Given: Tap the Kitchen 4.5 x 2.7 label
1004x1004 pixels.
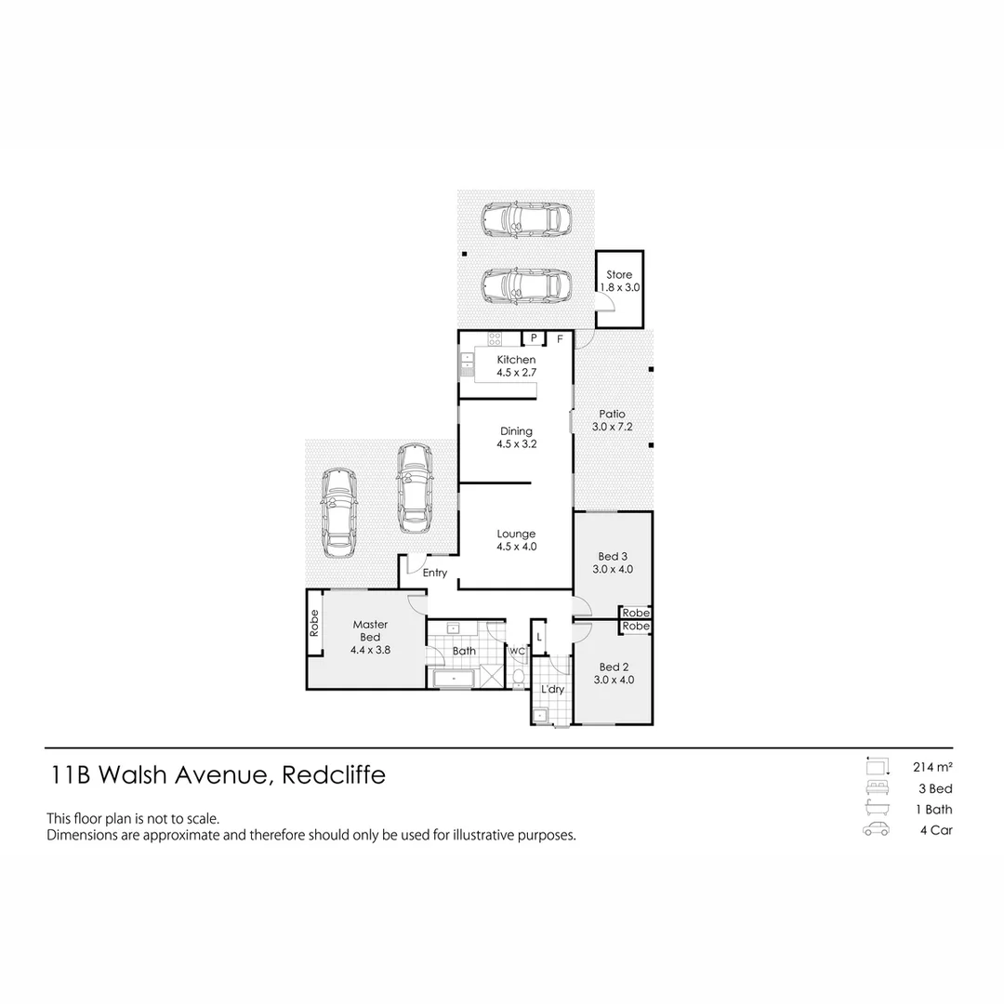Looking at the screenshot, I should [x=516, y=366].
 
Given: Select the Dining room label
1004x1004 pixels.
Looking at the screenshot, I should [x=516, y=438].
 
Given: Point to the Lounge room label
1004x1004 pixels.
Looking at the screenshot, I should [x=516, y=540].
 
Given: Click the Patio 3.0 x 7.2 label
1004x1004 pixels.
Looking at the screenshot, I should [x=613, y=421].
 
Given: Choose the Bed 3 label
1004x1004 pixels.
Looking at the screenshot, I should [x=614, y=563].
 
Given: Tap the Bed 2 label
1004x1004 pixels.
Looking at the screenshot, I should [x=614, y=673].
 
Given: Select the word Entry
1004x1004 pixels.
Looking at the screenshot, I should [x=435, y=574].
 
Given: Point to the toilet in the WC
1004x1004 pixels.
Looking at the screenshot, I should [x=518, y=674].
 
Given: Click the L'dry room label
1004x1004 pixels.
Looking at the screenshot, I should [x=552, y=689].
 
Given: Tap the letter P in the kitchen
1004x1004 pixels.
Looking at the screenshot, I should [x=534, y=338].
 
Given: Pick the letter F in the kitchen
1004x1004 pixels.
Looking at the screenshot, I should [x=560, y=338].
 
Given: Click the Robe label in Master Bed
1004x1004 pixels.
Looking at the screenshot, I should [x=315, y=623].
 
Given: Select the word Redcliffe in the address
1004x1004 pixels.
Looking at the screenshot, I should [x=332, y=775].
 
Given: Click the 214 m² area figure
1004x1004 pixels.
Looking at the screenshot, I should [x=933, y=767].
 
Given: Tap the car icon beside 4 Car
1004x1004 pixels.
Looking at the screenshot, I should [x=875, y=830].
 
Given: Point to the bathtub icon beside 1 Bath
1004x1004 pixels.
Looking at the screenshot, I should [x=875, y=809].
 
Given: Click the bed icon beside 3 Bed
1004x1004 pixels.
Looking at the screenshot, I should [x=875, y=788].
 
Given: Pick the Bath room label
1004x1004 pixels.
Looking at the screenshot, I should [x=464, y=651].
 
